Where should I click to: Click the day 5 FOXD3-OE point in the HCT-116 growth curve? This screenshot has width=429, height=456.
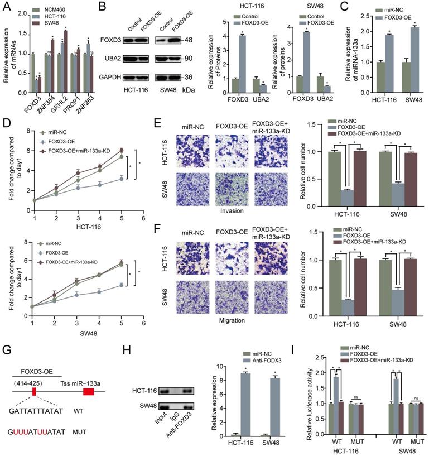[122, 179]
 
